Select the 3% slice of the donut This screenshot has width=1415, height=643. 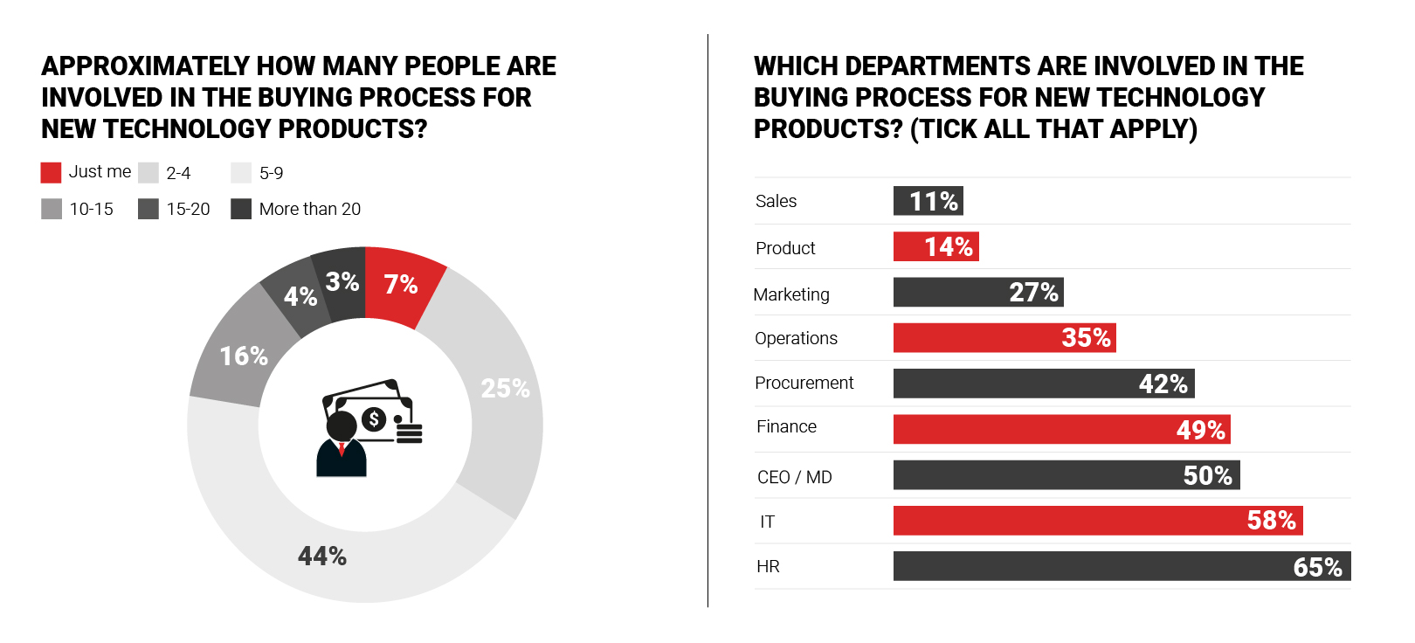[342, 282]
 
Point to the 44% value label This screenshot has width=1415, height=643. [322, 557]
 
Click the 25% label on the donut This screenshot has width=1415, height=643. [505, 389]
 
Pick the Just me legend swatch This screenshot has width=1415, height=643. [51, 172]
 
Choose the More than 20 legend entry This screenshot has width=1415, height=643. [309, 209]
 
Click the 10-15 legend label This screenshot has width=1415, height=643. [92, 209]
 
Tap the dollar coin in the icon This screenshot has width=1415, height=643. [374, 419]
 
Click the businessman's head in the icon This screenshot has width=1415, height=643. [341, 426]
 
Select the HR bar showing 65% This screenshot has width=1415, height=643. [1122, 566]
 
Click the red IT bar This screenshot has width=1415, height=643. [1097, 521]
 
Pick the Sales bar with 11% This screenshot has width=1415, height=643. [928, 201]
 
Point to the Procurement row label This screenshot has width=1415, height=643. [804, 383]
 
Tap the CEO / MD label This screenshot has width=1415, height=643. [794, 477]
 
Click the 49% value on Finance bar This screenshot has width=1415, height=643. [1200, 430]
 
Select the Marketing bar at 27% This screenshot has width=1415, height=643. [977, 293]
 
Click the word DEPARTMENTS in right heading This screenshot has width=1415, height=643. [953, 66]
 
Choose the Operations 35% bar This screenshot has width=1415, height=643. [1004, 338]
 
